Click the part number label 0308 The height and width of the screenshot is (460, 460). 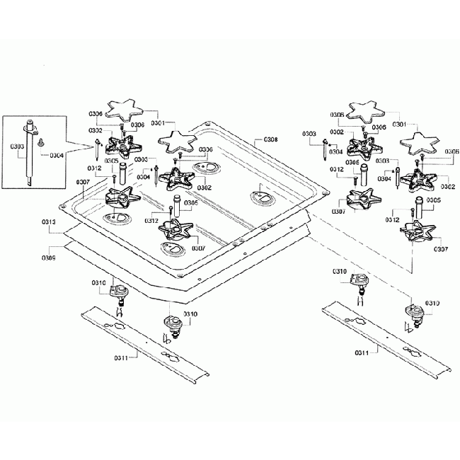pos(270,140)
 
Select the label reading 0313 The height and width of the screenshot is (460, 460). pos(49,222)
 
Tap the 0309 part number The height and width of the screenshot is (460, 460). pos(49,257)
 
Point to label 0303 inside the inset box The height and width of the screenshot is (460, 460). pos(18,146)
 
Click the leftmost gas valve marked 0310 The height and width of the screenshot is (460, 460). pos(119,292)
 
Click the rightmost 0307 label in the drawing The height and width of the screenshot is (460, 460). pos(440,248)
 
